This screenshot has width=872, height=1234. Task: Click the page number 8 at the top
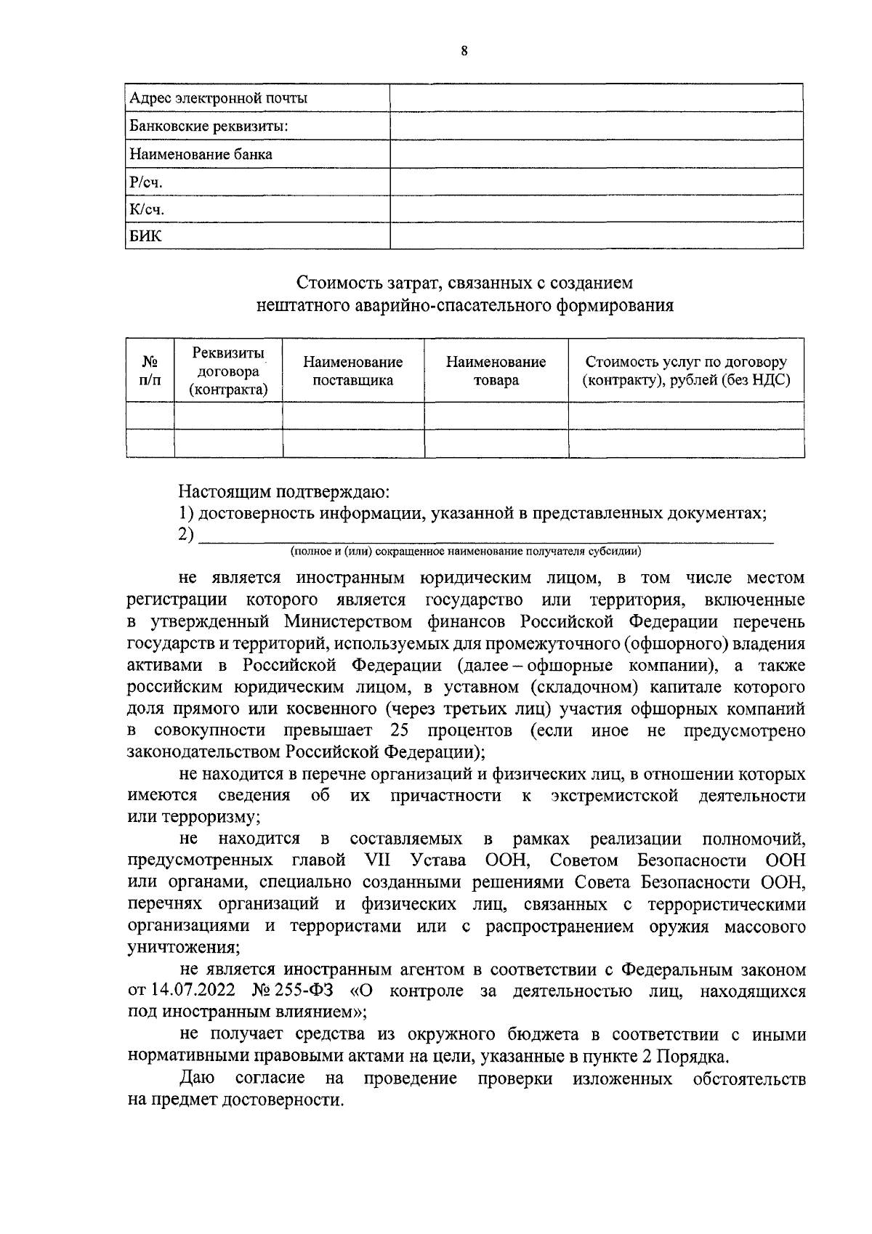464,51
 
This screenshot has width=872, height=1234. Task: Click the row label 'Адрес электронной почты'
218,98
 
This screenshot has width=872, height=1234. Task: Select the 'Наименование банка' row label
201,154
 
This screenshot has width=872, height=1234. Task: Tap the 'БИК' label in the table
146,236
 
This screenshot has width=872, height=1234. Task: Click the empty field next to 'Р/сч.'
596,182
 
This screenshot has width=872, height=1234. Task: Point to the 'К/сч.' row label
148,209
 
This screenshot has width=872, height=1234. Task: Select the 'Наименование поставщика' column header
352,371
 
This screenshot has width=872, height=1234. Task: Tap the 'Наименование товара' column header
496,371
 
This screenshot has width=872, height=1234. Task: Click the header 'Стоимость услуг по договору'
686,362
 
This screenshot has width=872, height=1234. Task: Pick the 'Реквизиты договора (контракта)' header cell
228,371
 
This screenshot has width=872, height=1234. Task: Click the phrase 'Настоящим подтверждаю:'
285,491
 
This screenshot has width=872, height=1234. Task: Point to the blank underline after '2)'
485,536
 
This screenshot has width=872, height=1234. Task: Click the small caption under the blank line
465,552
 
